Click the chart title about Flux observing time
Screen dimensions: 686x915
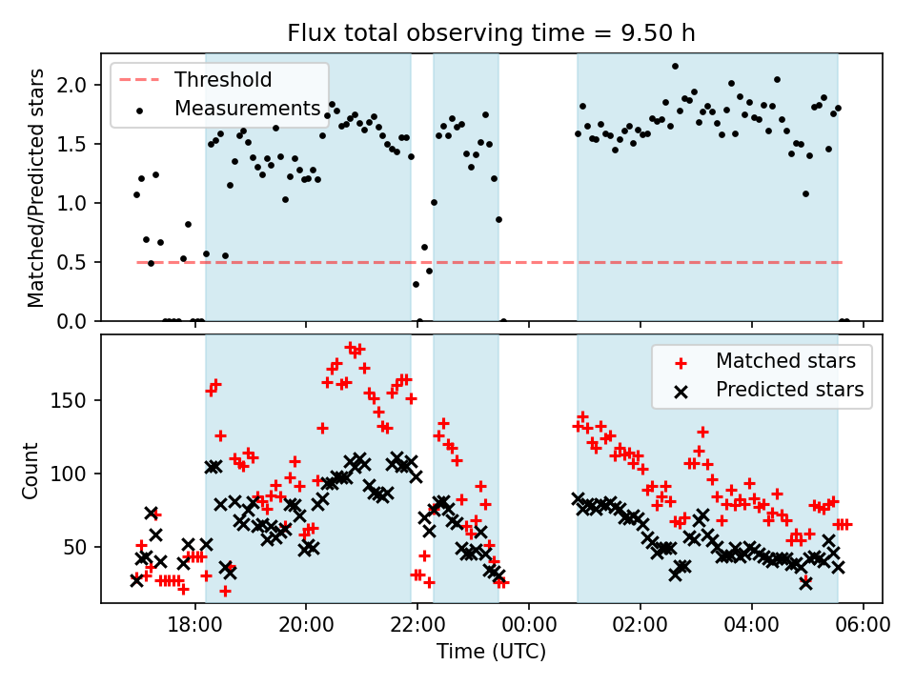[491, 33]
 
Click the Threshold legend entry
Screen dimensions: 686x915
[222, 79]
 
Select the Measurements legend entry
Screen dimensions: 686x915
[246, 109]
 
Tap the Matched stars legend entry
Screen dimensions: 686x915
[785, 361]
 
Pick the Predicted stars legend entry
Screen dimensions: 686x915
[789, 389]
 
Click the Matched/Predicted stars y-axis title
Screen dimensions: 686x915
[35, 188]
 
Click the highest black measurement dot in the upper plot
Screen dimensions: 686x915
[675, 66]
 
